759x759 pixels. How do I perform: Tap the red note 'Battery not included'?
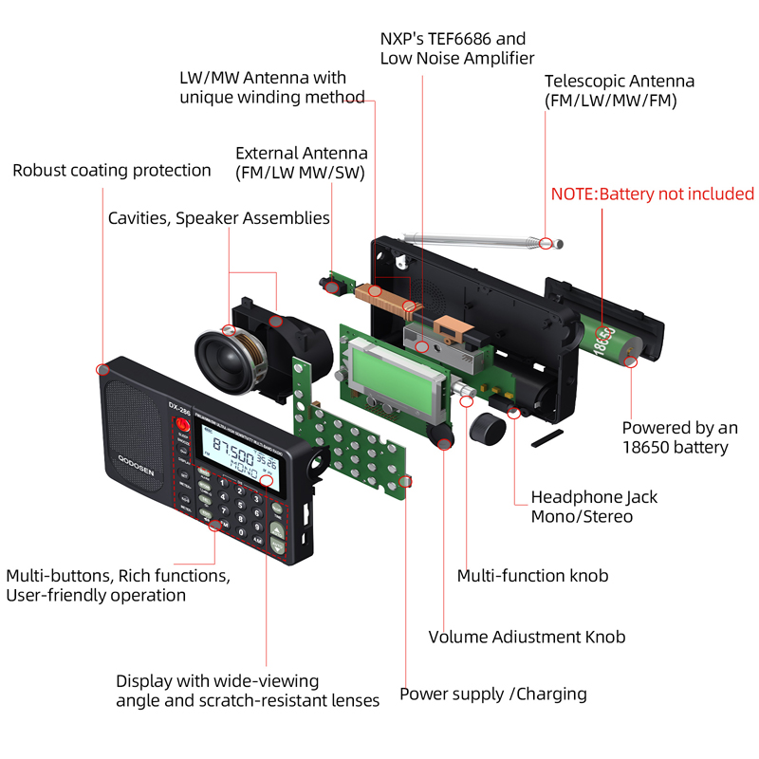coord(653,194)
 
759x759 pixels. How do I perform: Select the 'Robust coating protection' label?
coord(112,171)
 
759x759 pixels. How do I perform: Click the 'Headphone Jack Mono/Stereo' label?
coord(594,507)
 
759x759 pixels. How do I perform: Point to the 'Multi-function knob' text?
coord(532,576)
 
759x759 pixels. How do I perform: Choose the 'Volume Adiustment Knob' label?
coord(527,637)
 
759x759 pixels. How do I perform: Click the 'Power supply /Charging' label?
coord(492,694)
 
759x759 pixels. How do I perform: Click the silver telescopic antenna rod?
coord(474,237)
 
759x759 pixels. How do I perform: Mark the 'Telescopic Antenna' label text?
coord(619,91)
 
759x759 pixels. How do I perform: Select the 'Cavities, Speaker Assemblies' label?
coord(218,218)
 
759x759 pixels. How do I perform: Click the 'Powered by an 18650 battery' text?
coord(679,437)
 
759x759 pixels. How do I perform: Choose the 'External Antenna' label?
coord(301,162)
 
